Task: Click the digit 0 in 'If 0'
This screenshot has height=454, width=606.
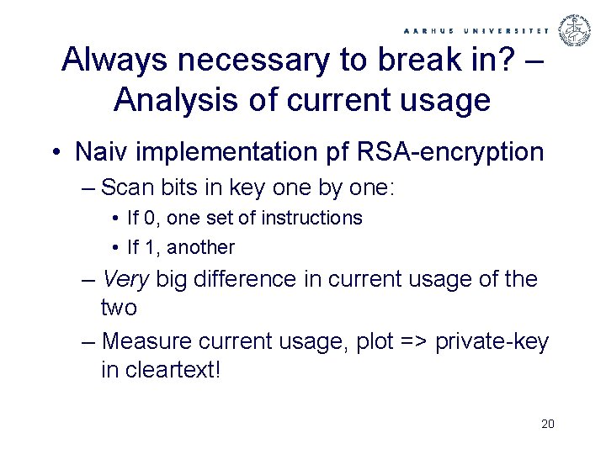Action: pos(149,219)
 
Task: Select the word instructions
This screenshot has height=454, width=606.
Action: pos(311,219)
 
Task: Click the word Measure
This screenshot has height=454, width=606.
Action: pos(150,341)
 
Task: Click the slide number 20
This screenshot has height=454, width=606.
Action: pos(548,424)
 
